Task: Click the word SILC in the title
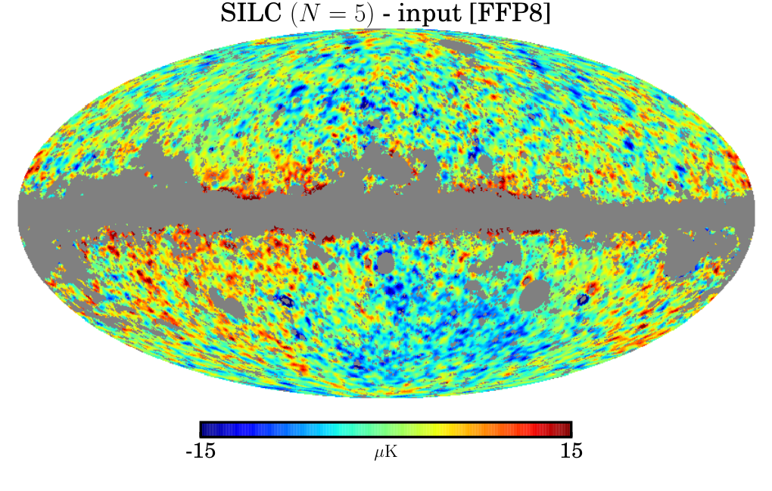pos(251,14)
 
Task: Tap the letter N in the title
pos(309,14)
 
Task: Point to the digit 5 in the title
pos(360,14)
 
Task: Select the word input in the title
pos(430,14)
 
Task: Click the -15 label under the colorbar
pos(201,451)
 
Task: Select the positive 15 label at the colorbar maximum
pos(571,451)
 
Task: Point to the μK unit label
pos(385,452)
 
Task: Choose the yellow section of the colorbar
pos(446,430)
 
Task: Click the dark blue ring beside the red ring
pos(583,299)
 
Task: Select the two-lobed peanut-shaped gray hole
pos(226,302)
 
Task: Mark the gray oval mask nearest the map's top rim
pos(458,46)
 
